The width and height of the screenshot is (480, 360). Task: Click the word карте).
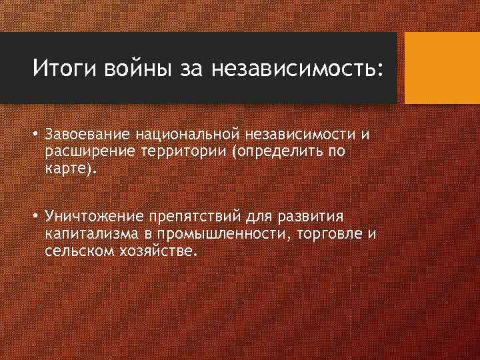pos(71,167)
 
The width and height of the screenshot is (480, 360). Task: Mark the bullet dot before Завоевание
pos(38,136)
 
